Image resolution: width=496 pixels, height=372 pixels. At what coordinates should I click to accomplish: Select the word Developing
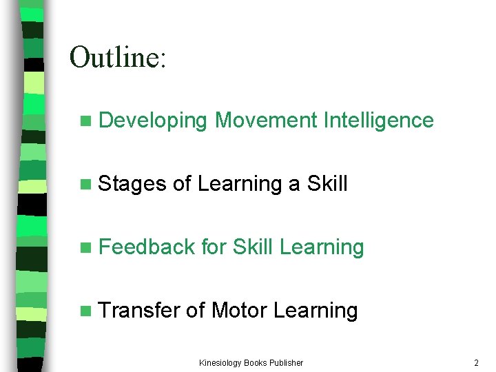[153, 121]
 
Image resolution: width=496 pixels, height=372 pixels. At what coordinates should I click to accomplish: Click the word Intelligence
[378, 121]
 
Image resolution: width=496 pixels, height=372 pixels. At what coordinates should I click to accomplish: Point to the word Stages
[133, 184]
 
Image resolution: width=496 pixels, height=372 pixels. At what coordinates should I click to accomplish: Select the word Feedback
[147, 247]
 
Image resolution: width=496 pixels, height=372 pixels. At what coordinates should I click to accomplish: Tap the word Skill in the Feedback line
[254, 247]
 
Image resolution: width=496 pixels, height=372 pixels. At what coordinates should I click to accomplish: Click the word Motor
[239, 310]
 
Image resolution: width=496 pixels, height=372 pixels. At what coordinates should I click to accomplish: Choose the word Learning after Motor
[316, 311]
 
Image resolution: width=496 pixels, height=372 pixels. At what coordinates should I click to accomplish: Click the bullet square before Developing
[85, 121]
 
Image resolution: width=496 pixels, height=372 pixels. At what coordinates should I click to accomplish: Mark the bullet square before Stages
[85, 185]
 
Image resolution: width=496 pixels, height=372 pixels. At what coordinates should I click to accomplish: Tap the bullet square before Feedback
[85, 247]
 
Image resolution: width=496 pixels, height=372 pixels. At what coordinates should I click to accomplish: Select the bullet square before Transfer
[85, 311]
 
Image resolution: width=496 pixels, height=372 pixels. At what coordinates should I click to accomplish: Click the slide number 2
[476, 362]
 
